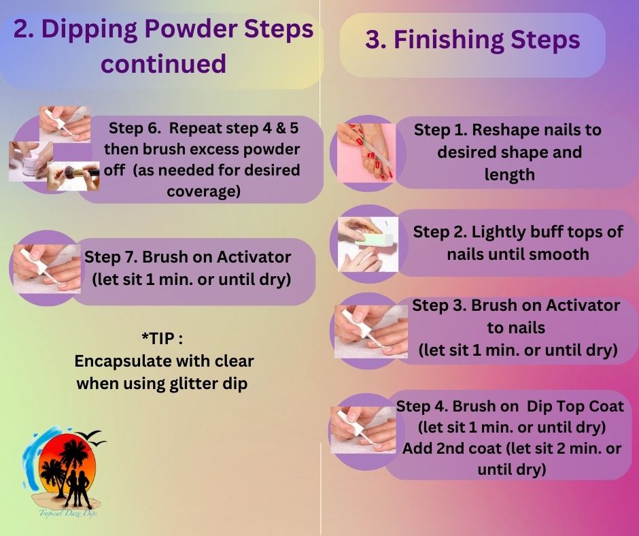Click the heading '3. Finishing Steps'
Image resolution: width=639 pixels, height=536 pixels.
472,39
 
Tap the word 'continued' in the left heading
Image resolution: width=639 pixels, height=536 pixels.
163,64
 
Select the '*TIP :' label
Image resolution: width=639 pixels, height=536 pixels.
163,339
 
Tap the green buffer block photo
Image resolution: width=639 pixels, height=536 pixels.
368,244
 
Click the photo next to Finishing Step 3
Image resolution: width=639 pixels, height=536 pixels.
367,331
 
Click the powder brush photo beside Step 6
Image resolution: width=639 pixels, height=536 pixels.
73,175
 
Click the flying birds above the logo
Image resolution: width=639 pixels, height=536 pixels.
92,437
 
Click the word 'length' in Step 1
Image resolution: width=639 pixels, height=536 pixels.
509,175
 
